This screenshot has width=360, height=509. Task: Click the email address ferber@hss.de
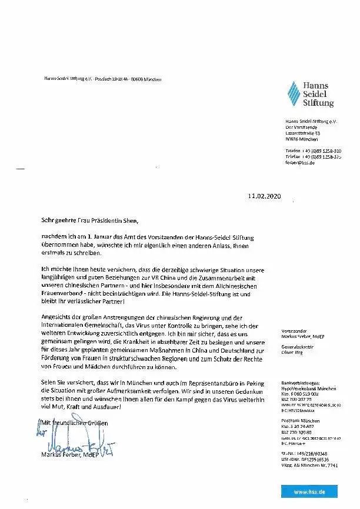click(x=299, y=163)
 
